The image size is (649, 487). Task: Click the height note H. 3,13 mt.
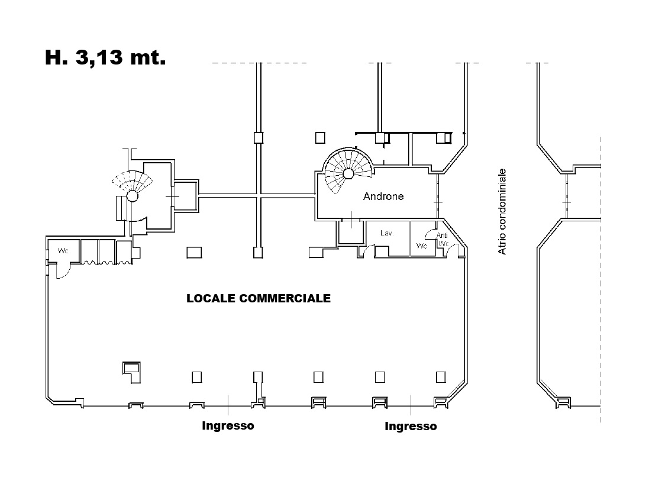tap(105, 57)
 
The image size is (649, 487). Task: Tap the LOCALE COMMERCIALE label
tap(259, 299)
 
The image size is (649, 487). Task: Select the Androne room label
tap(383, 196)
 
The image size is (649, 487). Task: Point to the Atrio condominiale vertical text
tap(502, 212)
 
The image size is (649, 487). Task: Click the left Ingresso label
tap(228, 426)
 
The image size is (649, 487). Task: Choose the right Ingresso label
tap(411, 427)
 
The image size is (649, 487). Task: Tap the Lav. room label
tap(386, 233)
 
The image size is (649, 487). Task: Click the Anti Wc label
tap(443, 240)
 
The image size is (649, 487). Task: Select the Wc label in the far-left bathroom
tap(63, 250)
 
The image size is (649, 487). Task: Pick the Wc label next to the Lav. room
tap(421, 246)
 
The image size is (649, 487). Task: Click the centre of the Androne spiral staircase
tap(348, 173)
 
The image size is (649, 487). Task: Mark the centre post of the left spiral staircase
tap(132, 196)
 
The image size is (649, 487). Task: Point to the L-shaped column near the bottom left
tap(131, 372)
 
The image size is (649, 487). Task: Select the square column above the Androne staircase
tap(320, 137)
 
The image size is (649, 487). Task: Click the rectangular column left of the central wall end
tap(194, 252)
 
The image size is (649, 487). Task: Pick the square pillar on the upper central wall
tap(259, 137)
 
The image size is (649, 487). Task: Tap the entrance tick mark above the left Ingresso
tap(228, 405)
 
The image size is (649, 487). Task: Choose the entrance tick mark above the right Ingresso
tap(411, 405)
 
